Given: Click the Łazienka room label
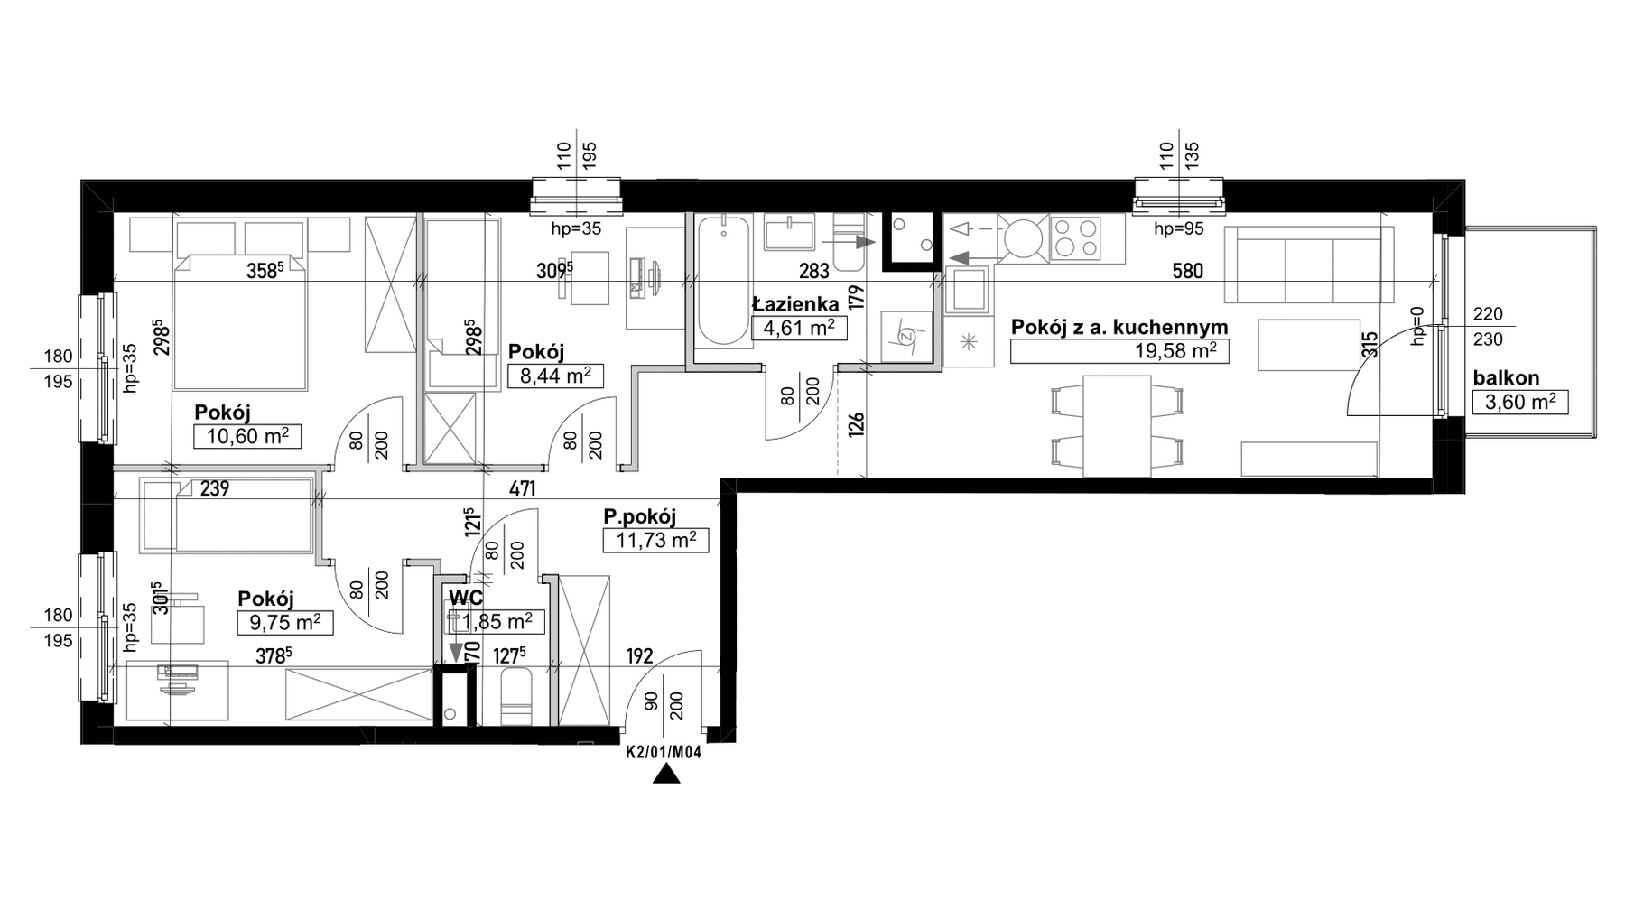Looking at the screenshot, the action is point(795,303).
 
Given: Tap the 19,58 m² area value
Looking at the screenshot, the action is point(1175,350).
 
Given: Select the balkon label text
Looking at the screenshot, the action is point(1506,378).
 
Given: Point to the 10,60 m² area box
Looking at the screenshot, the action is point(246,437).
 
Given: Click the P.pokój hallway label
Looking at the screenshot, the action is point(639,517).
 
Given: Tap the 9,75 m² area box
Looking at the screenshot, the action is point(285,623).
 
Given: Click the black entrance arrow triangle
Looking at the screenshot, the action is point(666,774).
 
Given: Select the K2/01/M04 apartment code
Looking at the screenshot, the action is point(664,750).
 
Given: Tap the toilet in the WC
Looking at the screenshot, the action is point(515,696).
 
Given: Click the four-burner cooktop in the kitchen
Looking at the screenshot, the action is point(1075,237).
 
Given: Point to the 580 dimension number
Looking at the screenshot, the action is point(1187,271).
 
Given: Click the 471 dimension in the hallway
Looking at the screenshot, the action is point(522,489).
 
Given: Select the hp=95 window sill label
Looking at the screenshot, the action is point(1179,229).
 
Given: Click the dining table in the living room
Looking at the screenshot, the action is point(1117,426).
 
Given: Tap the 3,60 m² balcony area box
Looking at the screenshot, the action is point(1520,403).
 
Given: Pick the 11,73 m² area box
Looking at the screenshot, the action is point(655,541).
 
